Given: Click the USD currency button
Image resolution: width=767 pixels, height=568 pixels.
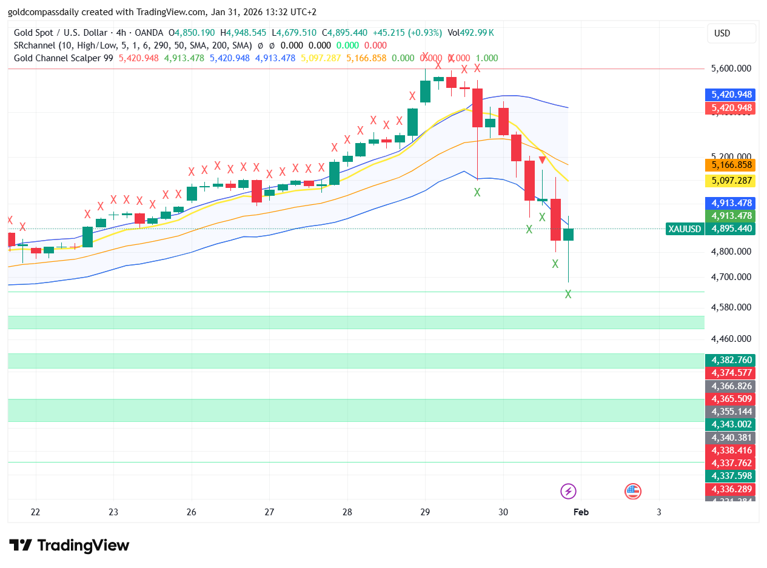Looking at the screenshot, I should [731, 33].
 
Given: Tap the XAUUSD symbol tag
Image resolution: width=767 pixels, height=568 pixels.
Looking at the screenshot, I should [685, 229].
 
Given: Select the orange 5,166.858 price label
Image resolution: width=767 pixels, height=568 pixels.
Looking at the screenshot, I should [731, 165].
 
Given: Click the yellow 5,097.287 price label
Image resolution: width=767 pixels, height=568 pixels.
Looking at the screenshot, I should [731, 181].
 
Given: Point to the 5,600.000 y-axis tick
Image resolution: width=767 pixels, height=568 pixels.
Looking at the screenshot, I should [731, 68].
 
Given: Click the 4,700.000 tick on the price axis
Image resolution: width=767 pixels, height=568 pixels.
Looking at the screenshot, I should [731, 277].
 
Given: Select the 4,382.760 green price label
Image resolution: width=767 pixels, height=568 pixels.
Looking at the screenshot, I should [731, 359].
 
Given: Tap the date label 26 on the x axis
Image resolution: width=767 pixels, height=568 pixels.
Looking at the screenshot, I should [192, 512].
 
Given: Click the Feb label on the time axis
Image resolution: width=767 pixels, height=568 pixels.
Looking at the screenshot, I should [581, 512].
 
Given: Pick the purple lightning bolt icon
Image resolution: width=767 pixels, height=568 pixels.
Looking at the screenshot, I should [568, 491].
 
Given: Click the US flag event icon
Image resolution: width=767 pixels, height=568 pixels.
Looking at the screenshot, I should [633, 491].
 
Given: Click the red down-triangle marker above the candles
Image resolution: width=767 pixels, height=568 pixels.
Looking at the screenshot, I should [543, 160].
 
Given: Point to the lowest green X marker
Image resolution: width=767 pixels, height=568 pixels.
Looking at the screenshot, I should [568, 294].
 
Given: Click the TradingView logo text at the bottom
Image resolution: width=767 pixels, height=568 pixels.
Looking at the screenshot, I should [70, 546].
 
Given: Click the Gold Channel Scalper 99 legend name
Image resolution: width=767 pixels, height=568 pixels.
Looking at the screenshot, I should [64, 58].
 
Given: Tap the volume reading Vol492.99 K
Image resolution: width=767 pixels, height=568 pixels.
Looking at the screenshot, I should [471, 32].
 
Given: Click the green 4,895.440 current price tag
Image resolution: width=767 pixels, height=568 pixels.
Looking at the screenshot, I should [731, 229].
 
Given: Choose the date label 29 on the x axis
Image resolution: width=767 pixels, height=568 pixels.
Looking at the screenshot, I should [425, 512].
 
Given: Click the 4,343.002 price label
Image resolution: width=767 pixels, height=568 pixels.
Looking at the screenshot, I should [731, 424].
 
